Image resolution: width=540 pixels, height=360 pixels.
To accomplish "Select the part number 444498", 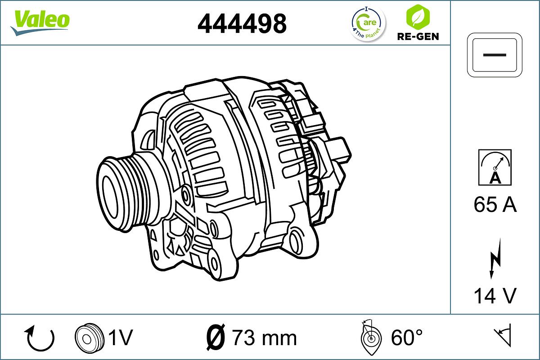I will click(x=242, y=23).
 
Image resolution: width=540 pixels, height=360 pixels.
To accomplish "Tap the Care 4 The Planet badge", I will click(x=368, y=23).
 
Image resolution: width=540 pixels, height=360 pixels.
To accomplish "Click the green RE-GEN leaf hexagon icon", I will click(x=418, y=17).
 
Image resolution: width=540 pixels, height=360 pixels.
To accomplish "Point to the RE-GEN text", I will click(x=418, y=36).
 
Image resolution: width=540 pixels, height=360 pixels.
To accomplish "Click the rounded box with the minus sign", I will click(x=495, y=54).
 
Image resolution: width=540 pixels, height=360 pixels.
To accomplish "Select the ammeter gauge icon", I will click(x=495, y=167).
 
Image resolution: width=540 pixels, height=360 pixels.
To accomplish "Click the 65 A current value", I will click(x=495, y=205).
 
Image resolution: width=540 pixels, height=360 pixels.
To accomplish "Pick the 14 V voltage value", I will click(x=495, y=296).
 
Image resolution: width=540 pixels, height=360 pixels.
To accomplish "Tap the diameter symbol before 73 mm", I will click(x=215, y=337).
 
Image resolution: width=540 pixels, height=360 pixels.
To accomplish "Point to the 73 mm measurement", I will click(x=264, y=337).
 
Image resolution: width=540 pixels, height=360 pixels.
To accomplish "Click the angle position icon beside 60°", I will click(x=371, y=337).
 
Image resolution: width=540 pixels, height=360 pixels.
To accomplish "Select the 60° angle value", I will click(x=407, y=337).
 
